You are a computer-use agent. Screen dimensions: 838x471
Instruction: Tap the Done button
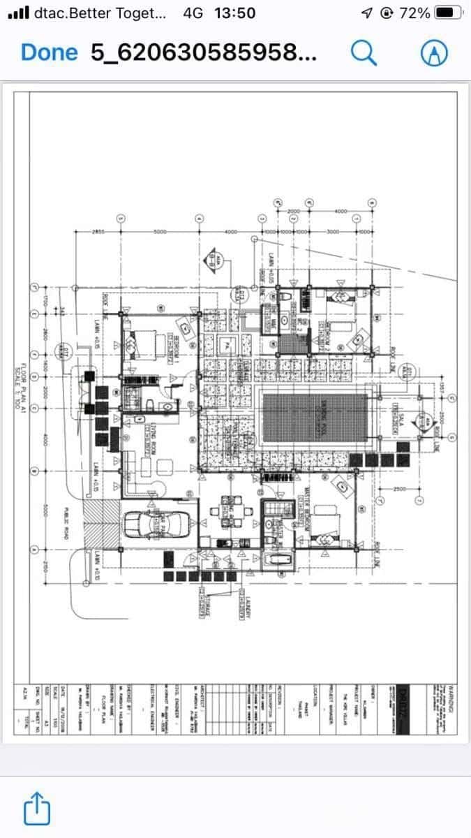(49, 52)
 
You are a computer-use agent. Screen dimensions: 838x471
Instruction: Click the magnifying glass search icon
(364, 52)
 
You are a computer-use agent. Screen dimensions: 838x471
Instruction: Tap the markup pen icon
(433, 52)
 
